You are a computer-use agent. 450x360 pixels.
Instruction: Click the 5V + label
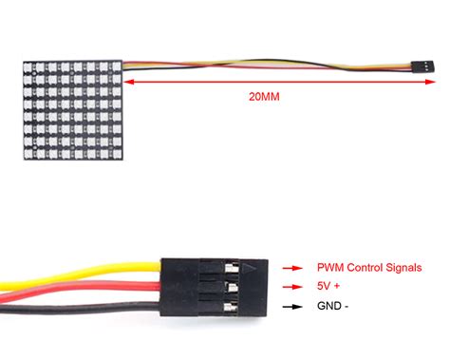pos(329,287)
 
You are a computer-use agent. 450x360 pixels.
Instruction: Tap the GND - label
pos(332,307)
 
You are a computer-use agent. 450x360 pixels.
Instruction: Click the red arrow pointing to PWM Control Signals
pos(292,268)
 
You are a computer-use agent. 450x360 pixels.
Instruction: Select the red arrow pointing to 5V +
pos(292,287)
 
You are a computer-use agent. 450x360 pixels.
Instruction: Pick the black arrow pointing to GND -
pos(292,307)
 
